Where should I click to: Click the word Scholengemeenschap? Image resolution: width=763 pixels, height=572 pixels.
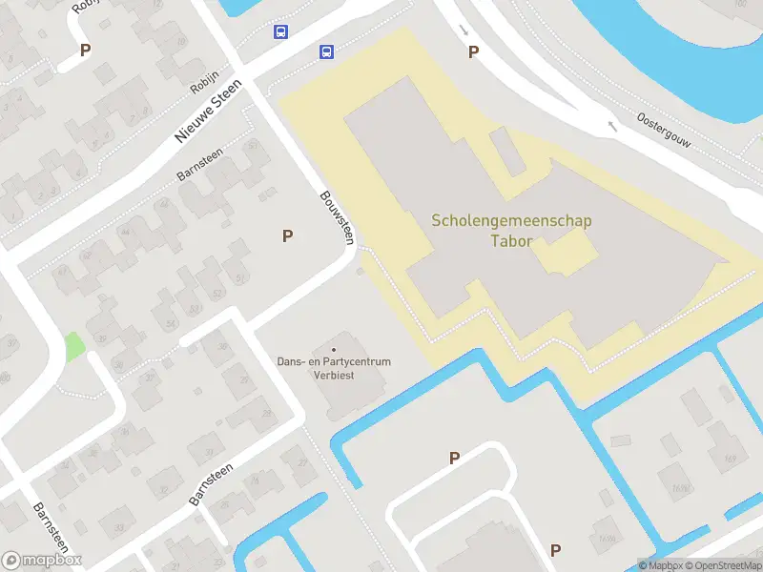click(511, 221)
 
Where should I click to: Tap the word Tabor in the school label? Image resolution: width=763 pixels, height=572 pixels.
click(511, 240)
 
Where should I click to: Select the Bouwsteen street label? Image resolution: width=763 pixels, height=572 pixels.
click(336, 215)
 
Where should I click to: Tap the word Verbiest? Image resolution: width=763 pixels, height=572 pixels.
click(334, 375)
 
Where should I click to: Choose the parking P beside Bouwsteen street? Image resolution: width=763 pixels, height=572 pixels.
click(287, 236)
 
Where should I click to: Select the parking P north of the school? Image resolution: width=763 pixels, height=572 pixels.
click(473, 52)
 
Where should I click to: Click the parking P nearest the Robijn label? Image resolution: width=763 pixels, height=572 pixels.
click(86, 51)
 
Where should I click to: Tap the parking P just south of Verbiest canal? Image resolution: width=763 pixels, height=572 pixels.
click(454, 459)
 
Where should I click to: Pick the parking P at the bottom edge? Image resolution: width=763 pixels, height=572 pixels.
click(555, 550)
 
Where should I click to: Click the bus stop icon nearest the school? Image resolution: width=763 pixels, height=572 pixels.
click(326, 52)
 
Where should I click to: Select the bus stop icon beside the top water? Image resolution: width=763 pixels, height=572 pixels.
click(280, 32)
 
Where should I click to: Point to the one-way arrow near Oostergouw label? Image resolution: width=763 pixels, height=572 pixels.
click(611, 124)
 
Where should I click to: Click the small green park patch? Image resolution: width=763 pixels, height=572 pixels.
click(73, 345)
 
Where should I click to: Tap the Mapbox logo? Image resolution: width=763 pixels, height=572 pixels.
click(42, 561)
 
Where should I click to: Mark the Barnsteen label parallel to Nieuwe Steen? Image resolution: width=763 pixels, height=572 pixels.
click(200, 164)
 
